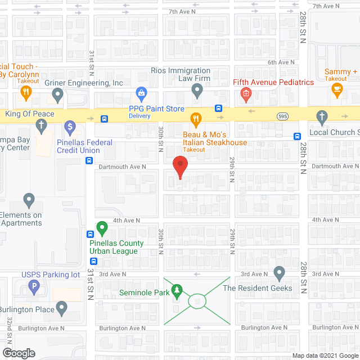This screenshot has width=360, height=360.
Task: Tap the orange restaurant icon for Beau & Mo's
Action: [x=196, y=119]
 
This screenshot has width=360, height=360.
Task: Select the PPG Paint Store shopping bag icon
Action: [x=142, y=92]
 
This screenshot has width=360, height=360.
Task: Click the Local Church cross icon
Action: [x=322, y=118]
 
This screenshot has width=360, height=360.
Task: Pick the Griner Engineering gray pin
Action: [x=57, y=96]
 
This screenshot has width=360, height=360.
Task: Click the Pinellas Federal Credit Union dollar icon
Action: [x=70, y=127]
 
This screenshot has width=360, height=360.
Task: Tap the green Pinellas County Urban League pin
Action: [x=102, y=228]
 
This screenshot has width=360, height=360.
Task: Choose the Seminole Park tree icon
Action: [x=178, y=290]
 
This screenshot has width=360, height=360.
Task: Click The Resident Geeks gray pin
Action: [x=279, y=273]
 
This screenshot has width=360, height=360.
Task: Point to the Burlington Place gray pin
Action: [x=61, y=308]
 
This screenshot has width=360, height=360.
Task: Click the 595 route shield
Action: [x=283, y=116]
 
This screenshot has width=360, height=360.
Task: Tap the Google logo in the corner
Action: [x=18, y=353]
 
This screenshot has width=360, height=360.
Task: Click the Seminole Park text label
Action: [x=144, y=292]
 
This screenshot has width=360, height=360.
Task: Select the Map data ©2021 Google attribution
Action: [x=324, y=355]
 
